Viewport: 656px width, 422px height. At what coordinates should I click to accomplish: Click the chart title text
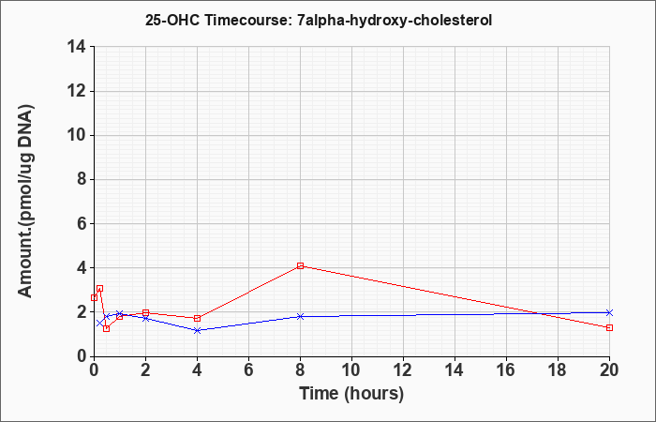(319, 21)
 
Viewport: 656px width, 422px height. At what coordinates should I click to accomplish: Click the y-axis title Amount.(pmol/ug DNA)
(26, 201)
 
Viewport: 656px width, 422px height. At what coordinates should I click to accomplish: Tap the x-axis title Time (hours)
(351, 394)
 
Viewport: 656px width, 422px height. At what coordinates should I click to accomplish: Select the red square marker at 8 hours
(301, 265)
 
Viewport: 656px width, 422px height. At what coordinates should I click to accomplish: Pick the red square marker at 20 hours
(609, 328)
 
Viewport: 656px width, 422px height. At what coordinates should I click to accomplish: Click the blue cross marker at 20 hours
(609, 312)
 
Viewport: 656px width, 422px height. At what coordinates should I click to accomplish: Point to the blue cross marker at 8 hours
(301, 317)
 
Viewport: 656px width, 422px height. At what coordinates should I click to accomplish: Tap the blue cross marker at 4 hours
(198, 330)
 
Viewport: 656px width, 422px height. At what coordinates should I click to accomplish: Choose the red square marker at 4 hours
(198, 318)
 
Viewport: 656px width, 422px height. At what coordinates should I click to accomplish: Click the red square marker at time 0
(94, 297)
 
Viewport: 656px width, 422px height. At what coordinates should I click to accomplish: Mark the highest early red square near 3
(99, 289)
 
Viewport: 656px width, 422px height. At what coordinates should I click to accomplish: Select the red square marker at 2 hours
(145, 312)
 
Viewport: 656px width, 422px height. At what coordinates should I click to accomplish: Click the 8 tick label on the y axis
(82, 180)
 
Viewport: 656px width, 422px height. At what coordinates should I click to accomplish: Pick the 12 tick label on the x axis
(403, 370)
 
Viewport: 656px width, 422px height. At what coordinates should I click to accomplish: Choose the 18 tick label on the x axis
(559, 370)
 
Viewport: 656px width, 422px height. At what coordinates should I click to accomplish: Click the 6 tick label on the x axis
(249, 370)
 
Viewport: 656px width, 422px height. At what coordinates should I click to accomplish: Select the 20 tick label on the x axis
(609, 370)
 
